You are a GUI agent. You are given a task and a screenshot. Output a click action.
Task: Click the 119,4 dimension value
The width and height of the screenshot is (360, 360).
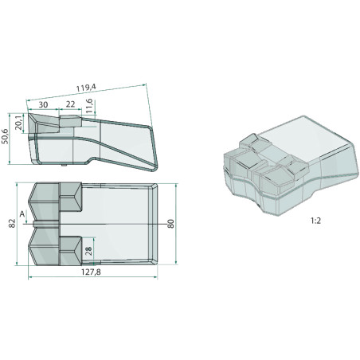pos(86,88)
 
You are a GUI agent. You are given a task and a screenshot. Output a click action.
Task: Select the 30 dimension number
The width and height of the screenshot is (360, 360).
pos(43,104)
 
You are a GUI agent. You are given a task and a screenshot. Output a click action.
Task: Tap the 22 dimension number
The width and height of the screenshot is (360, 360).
pos(70,104)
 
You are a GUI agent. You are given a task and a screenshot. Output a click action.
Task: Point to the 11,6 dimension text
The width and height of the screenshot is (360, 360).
pos(89,106)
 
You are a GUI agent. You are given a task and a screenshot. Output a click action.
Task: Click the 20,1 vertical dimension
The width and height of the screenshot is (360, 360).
pos(19,123)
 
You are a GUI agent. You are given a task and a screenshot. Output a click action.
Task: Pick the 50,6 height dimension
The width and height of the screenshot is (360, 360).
pos(5,137)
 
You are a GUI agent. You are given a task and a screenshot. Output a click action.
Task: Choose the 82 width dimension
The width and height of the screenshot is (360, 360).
pos(12,224)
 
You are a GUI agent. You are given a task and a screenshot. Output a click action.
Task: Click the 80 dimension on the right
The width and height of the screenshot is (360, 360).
pos(170,224)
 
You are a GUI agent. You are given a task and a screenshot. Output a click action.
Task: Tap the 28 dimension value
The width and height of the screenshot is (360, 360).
pos(88,251)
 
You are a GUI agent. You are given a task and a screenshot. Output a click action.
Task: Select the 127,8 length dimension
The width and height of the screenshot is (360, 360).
pos(91,272)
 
